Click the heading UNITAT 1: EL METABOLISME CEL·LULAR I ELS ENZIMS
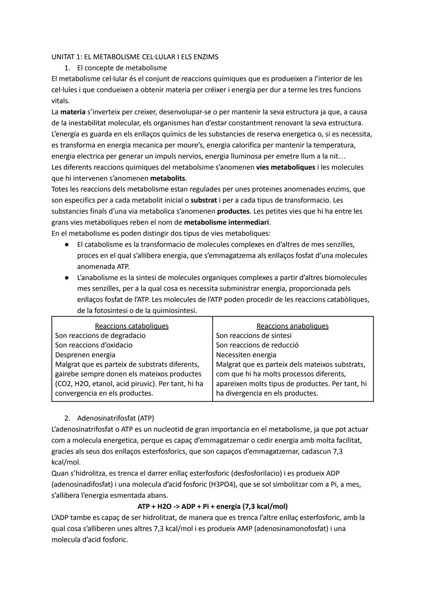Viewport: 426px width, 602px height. [135, 57]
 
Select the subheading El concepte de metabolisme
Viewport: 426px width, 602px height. [122, 68]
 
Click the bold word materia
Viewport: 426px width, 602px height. [73, 112]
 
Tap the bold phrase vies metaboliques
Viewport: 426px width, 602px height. [286, 167]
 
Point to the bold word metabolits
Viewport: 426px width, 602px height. [168, 178]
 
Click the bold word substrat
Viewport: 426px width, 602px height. [204, 201]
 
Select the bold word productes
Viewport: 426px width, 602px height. [233, 212]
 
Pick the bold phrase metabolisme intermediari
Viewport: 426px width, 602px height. [227, 223]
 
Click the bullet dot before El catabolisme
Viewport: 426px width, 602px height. [67, 245]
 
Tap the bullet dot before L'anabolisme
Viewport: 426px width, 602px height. [67, 278]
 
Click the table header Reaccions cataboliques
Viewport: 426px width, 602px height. [132, 326]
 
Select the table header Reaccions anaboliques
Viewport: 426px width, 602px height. [292, 326]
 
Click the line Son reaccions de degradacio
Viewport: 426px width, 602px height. [100, 336]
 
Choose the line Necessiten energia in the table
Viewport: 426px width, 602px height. [246, 355]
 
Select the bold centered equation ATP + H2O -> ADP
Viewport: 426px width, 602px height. [213, 506]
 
